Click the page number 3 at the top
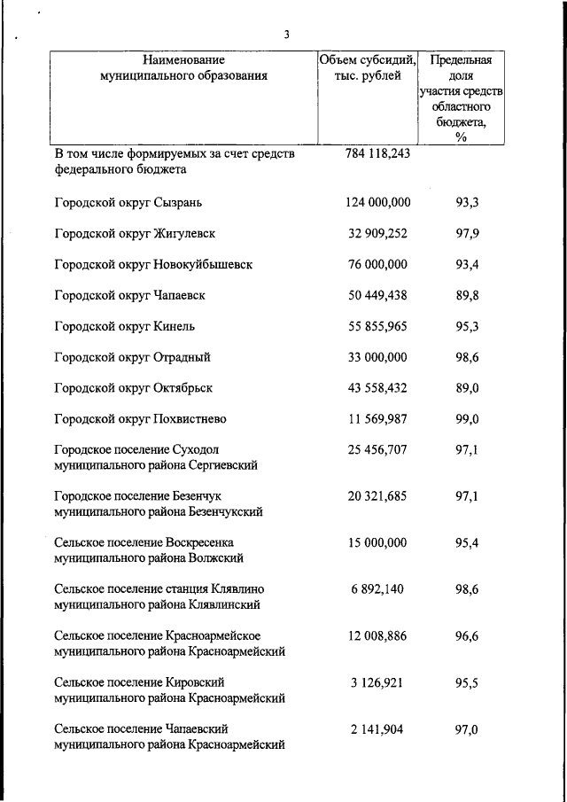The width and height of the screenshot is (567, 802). click(286, 35)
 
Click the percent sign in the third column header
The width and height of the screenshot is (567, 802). click(460, 136)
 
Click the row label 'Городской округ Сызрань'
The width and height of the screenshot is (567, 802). click(128, 202)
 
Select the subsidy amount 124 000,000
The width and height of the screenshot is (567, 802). click(377, 202)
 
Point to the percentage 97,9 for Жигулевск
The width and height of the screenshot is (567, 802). click(467, 233)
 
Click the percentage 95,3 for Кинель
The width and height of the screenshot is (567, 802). click(467, 326)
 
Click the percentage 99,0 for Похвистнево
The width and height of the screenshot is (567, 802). click(467, 419)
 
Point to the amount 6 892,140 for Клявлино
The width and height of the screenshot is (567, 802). click(381, 588)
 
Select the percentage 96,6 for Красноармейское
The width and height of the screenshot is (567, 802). click(467, 635)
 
